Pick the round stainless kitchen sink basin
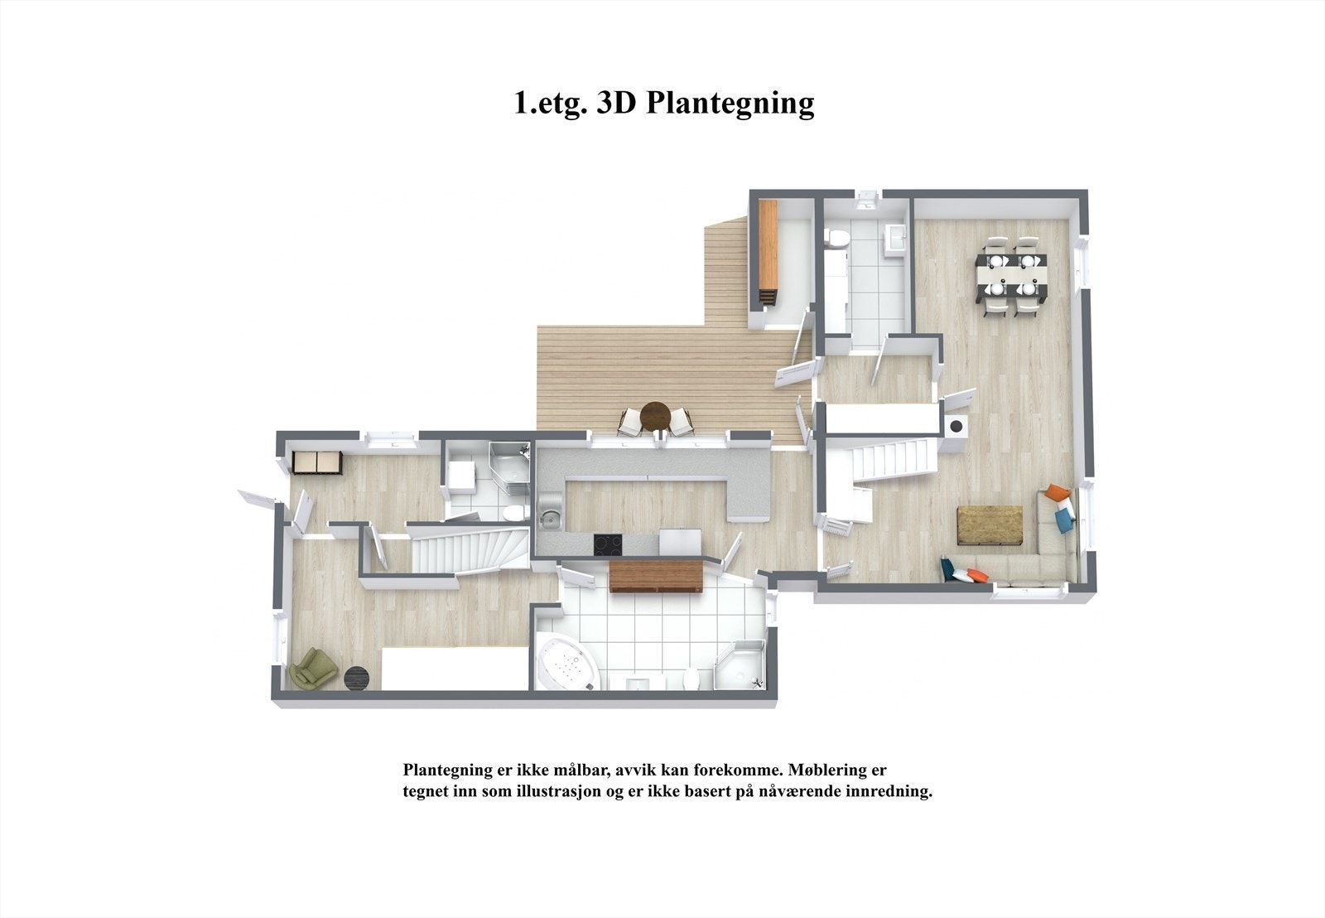click(548, 519)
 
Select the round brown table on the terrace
click(656, 414)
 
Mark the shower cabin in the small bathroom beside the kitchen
click(509, 465)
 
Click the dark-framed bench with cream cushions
click(316, 463)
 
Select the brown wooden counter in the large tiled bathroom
click(656, 576)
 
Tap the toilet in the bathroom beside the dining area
click(838, 239)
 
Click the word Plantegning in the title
click(730, 103)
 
